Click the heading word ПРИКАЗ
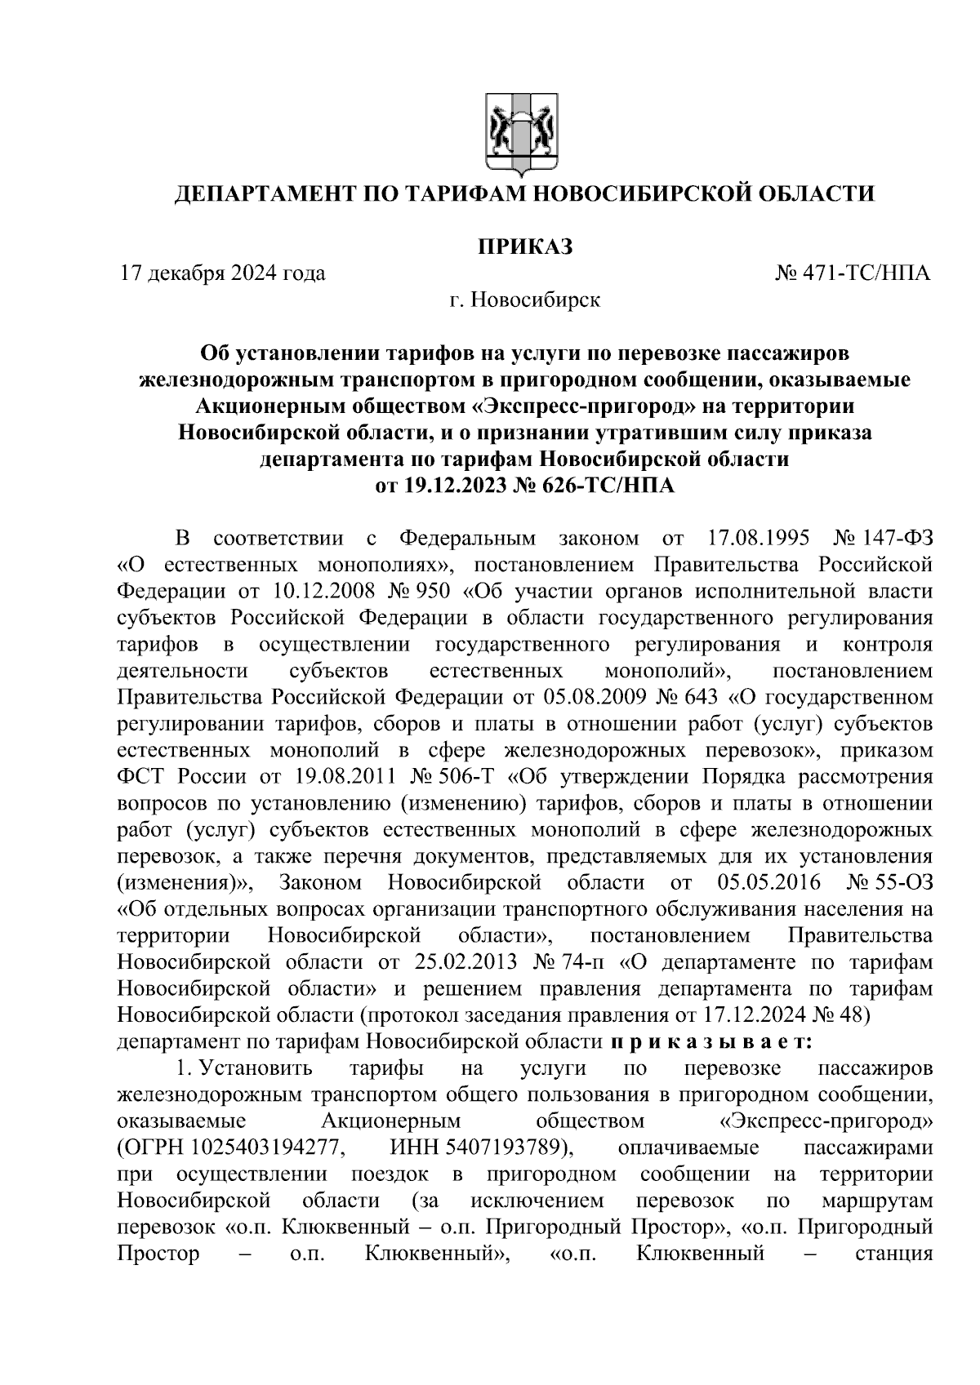click(x=524, y=246)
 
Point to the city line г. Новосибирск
click(x=524, y=300)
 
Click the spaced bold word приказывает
click(x=710, y=1042)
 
